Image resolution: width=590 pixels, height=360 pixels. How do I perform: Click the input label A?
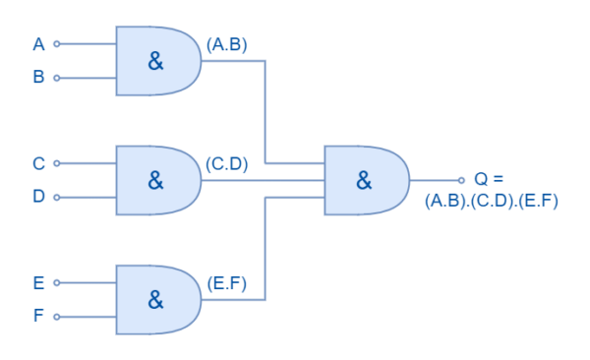38,44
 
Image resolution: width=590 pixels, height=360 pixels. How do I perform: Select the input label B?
38,77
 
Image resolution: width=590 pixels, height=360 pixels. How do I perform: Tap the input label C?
38,163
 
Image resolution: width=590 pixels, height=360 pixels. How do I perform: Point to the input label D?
38,197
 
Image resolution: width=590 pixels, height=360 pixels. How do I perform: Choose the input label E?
38,283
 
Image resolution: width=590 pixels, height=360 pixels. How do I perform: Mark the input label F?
38,316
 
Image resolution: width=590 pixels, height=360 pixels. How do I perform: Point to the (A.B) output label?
227,44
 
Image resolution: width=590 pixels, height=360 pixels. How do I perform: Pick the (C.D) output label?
227,163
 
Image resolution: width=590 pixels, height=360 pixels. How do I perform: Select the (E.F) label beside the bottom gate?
227,283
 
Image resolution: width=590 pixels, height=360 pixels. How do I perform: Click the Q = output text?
488,179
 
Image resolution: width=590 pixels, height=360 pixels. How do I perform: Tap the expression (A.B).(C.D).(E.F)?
492,201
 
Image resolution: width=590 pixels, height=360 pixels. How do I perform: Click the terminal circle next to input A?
56,44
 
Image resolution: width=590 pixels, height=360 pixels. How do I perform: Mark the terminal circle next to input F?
56,317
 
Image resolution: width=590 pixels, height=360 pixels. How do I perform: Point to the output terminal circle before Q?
461,180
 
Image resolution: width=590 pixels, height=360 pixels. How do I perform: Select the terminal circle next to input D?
56,197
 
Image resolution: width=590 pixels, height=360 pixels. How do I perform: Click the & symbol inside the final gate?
364,180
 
